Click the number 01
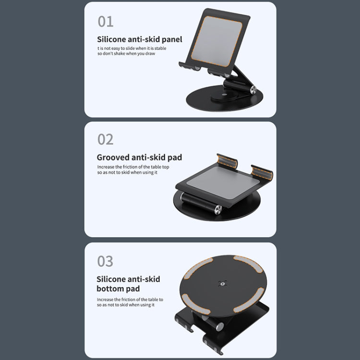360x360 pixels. tap(106, 21)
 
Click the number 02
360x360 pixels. tap(106, 139)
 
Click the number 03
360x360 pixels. tap(106, 261)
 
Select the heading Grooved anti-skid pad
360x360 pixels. tap(139, 157)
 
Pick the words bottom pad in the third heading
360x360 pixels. tap(118, 289)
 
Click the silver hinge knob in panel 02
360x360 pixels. tap(218, 209)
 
